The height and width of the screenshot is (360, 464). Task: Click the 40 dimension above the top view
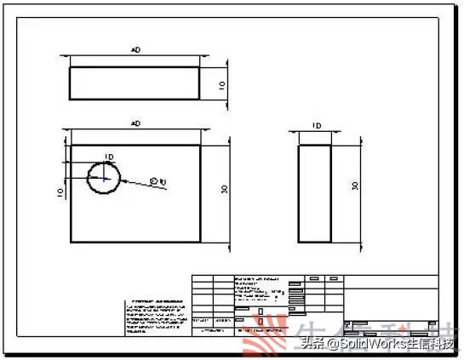tap(135, 51)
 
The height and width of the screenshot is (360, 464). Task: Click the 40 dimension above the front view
tap(135, 124)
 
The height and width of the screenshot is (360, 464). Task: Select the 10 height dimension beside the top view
tap(221, 85)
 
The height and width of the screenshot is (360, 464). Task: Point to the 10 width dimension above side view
tap(316, 125)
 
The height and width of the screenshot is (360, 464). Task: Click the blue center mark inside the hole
tap(104, 179)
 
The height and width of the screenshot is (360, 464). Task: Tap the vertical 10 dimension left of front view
tap(60, 193)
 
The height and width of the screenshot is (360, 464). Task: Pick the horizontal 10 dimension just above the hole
tap(108, 157)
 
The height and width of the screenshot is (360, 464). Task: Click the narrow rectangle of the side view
tap(316, 194)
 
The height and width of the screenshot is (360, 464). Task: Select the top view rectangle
tap(135, 83)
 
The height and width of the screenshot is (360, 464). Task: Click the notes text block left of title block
tap(157, 316)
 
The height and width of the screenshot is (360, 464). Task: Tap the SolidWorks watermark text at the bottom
tap(375, 343)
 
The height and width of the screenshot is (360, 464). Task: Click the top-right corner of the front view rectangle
tap(200, 145)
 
